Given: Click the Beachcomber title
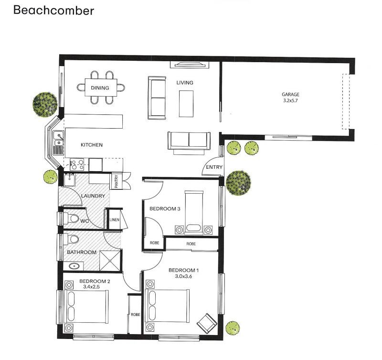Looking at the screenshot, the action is (x=53, y=11).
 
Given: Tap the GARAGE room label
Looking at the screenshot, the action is (x=290, y=94).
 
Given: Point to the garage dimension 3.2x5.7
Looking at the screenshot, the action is (x=290, y=100).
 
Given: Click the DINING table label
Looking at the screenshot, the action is (x=100, y=88).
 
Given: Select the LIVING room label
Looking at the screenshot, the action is (x=185, y=83).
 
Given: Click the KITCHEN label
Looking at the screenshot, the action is (x=92, y=145).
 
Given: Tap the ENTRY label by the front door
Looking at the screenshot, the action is (x=214, y=167).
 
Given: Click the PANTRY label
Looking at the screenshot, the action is (x=117, y=181).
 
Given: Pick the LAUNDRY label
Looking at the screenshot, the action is (x=93, y=196).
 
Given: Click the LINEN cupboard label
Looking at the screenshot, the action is (x=115, y=220).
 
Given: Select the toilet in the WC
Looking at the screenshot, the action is (x=71, y=218).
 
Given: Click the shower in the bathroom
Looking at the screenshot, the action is (x=110, y=260).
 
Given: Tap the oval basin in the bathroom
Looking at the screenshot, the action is (x=73, y=266).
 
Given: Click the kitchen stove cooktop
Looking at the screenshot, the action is (x=77, y=164).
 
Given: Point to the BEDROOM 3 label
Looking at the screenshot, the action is (x=165, y=209).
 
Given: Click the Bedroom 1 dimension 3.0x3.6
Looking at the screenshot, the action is (x=183, y=276).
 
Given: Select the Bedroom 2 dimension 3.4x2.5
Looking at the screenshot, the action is (x=91, y=287).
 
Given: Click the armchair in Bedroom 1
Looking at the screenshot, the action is (x=207, y=324).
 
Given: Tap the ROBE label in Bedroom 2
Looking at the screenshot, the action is (x=136, y=315).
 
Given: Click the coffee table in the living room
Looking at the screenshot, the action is (x=186, y=104).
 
